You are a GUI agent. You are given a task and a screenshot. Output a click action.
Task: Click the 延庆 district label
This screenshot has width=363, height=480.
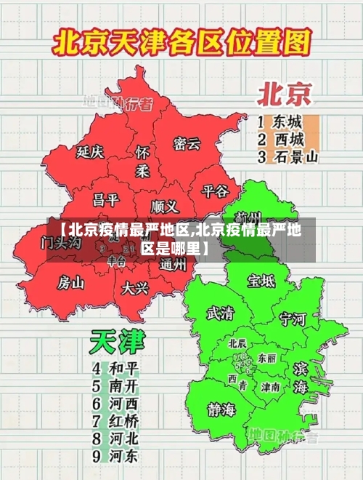coord(90,152)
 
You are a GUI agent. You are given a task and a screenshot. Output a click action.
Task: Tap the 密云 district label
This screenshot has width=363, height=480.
coord(187,143)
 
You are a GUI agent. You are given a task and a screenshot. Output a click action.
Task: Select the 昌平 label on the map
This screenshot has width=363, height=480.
coord(105,199)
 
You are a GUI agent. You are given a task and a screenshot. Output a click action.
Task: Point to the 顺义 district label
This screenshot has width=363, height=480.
coord(164,206)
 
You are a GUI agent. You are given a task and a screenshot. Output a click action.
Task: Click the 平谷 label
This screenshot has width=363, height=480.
coord(215,191)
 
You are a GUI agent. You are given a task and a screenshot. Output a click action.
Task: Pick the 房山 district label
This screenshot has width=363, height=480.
coord(71,281)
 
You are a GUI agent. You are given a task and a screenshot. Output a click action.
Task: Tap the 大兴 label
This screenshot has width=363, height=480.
coord(135,287)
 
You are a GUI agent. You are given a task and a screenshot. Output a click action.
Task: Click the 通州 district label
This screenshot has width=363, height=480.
coord(172,265)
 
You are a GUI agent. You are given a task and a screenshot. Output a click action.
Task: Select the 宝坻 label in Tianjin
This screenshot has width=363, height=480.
coord(261,280)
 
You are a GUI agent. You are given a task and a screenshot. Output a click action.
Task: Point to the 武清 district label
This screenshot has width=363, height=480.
coord(220,313)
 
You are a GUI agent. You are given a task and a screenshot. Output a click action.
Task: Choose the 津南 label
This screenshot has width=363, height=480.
coord(271,387)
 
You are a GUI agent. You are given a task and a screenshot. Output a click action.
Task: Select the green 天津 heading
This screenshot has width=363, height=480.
coord(118,341)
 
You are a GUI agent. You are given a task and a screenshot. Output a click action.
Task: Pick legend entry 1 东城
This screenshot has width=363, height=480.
coord(280,121)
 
